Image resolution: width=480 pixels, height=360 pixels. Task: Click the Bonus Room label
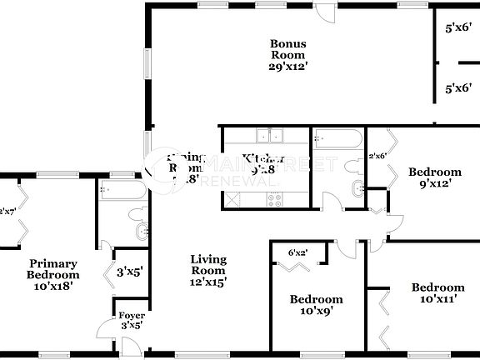pos(287,49)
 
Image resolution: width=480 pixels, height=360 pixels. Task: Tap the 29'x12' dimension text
pos(287,67)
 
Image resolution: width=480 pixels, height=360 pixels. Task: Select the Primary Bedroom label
pos(52,268)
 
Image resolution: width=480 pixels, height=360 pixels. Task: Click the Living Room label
pos(207,265)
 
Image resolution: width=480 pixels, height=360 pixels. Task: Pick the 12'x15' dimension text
pos(207,282)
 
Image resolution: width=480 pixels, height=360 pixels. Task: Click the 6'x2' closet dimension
pos(298,252)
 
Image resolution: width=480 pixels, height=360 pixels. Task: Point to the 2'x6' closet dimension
pos(377,155)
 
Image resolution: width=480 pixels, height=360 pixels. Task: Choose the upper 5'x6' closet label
pos(459,27)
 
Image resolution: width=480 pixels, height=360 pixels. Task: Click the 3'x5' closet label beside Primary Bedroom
pos(129,272)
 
